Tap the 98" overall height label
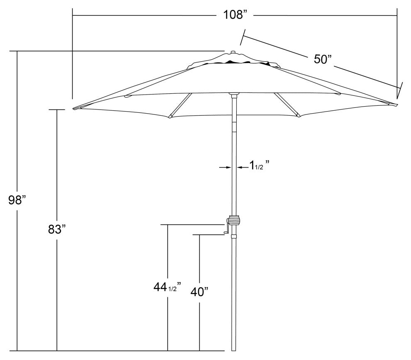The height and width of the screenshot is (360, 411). [x=17, y=200]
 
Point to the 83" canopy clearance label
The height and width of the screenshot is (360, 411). [x=57, y=229]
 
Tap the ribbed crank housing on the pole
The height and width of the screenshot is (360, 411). [x=234, y=220]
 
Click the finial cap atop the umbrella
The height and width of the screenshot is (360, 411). [x=232, y=53]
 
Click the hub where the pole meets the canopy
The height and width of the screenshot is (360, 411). [x=234, y=95]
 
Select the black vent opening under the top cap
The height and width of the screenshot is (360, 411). [x=232, y=62]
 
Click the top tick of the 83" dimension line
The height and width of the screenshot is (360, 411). [x=57, y=109]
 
